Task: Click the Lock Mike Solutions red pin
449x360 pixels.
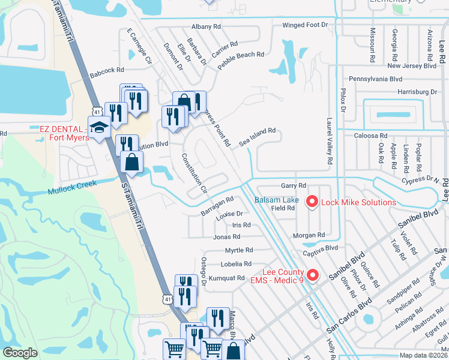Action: (x=312, y=202)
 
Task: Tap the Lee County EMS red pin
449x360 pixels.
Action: (x=312, y=275)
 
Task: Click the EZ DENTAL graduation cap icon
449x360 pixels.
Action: (x=98, y=127)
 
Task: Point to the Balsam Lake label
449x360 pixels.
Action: (x=276, y=200)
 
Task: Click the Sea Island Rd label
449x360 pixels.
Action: (x=257, y=134)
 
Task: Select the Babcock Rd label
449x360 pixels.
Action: (x=107, y=73)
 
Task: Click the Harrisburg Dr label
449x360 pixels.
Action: (x=417, y=92)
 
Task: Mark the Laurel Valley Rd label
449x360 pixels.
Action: (x=330, y=142)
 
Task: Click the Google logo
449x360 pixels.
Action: (x=20, y=353)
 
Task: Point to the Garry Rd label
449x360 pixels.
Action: (x=294, y=185)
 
